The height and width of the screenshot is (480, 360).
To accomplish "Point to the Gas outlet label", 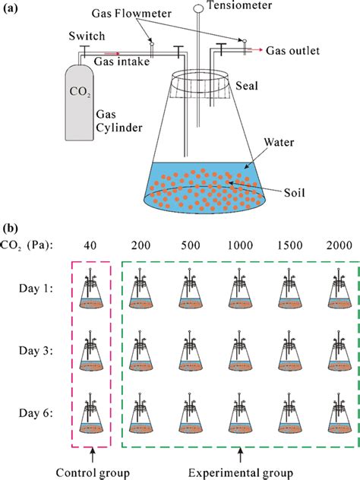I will [293, 51].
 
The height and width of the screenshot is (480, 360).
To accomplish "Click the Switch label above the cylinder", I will [81, 36].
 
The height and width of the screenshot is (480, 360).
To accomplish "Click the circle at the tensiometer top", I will [198, 8].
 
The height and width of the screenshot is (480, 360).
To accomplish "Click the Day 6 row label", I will [35, 415].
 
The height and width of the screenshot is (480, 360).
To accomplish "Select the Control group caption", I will [90, 472].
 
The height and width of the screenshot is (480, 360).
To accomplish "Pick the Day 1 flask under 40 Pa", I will [91, 292].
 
